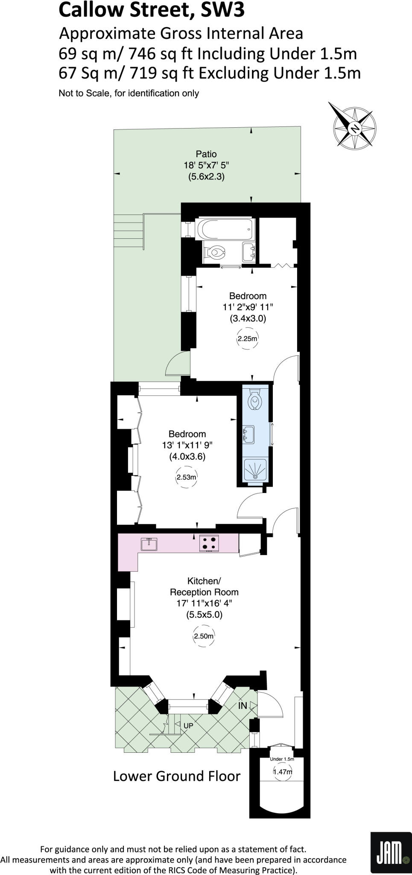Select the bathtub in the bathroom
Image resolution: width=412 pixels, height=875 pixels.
(225, 229)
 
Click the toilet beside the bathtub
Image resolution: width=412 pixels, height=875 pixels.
(215, 252)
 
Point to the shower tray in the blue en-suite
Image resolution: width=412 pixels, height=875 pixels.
(254, 470)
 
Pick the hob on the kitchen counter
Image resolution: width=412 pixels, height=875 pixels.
(209, 543)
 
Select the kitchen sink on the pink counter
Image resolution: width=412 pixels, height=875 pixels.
(149, 544)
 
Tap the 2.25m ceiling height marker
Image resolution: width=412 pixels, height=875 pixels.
(248, 339)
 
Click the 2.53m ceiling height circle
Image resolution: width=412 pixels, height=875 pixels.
(187, 477)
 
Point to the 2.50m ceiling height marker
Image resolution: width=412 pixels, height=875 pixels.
(204, 636)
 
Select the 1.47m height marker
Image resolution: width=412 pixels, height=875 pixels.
(283, 772)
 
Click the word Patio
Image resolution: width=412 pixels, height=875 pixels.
(206, 154)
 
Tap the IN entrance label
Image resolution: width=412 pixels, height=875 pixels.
(243, 706)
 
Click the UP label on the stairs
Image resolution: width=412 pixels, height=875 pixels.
(188, 726)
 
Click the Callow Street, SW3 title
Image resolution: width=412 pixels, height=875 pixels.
(152, 10)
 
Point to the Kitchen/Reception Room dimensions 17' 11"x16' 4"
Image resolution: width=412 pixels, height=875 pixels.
(204, 603)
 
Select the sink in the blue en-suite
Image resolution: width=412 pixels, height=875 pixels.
(248, 434)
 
